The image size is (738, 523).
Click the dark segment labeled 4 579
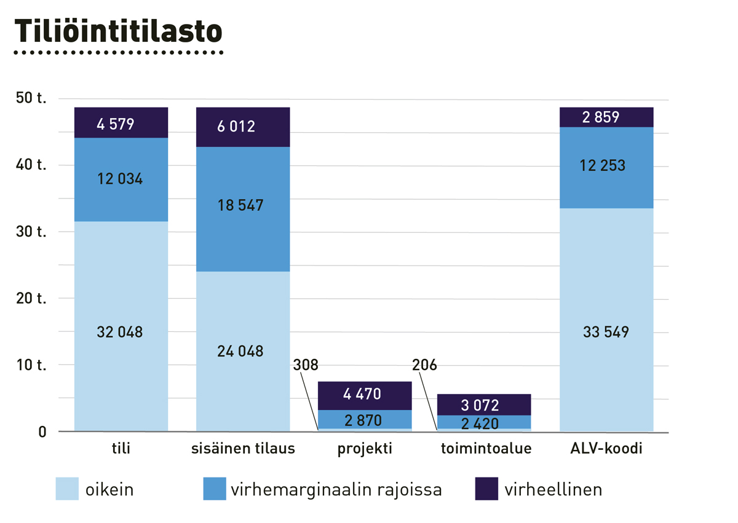[121, 124]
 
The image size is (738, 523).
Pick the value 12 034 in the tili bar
[120, 179]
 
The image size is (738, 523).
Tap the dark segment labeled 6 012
[242, 127]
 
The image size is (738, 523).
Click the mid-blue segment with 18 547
[242, 205]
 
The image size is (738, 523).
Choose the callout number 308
[306, 365]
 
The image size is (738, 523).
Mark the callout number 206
[424, 365]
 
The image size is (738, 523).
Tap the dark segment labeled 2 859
[606, 117]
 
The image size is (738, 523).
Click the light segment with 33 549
[606, 332]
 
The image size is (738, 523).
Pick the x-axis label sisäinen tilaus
[242, 449]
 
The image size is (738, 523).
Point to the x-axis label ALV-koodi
[606, 449]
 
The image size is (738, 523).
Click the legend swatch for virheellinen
[486, 490]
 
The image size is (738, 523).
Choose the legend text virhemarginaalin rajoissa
[336, 490]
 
